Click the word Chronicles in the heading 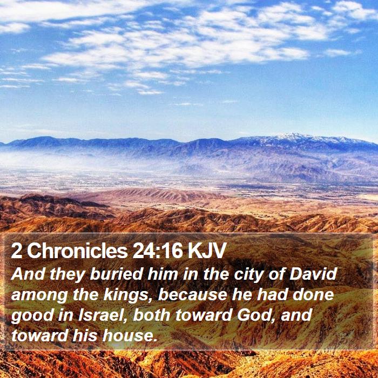point(77,251)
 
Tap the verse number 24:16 point(158,251)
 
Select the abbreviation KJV point(206,251)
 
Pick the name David point(313,274)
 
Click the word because point(192,295)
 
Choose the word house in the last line point(128,335)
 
